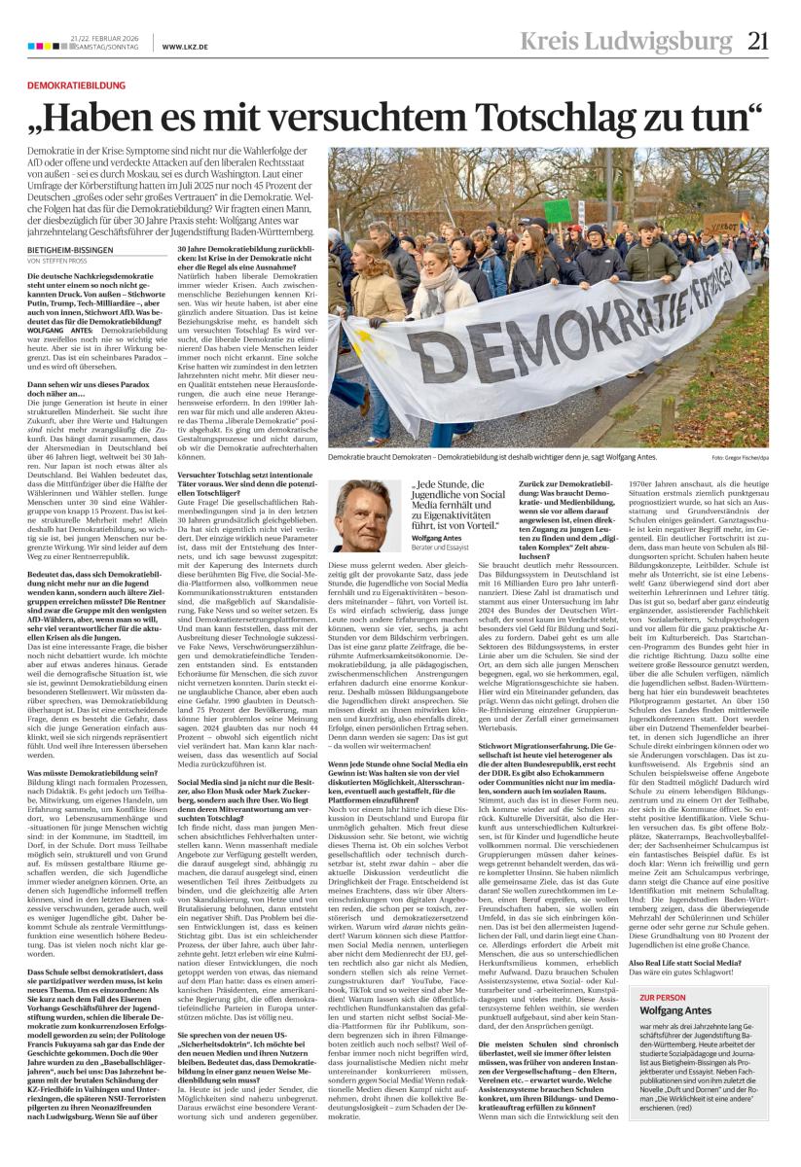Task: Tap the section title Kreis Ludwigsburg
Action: tap(639, 42)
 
